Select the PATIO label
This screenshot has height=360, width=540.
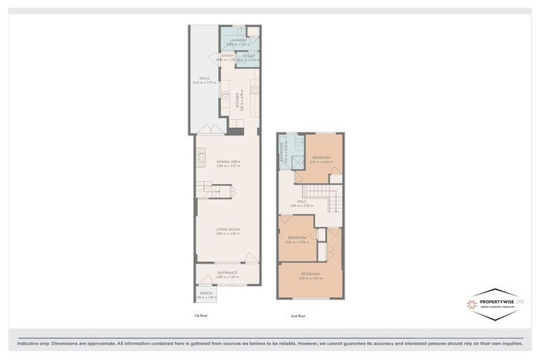205,79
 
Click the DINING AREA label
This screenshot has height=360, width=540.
229,162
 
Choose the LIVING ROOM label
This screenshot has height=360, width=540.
229,229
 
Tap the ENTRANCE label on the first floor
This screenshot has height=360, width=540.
227,273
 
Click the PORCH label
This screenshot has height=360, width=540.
206,293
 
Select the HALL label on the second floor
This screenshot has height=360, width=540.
301,201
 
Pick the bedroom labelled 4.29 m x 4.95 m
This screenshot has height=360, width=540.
310,274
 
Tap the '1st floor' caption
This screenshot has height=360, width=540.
201,316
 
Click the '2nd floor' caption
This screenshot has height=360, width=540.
298,316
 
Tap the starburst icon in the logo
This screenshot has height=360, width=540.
472,304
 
